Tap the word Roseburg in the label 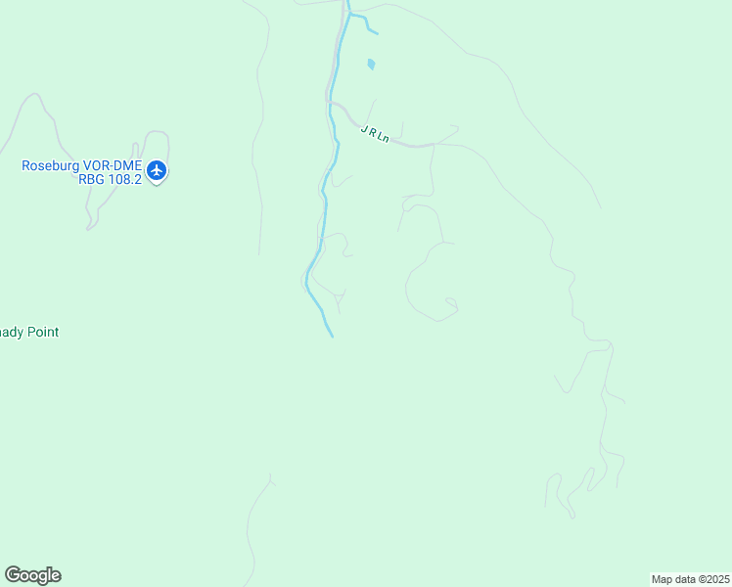pyautogui.click(x=48, y=165)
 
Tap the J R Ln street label pyautogui.click(x=375, y=134)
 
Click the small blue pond pyautogui.click(x=370, y=65)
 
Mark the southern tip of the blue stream pyautogui.click(x=332, y=337)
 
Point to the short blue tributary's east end pyautogui.click(x=377, y=34)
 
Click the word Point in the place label pyautogui.click(x=41, y=333)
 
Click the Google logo pyautogui.click(x=32, y=575)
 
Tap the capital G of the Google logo pyautogui.click(x=13, y=575)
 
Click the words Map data pyautogui.click(x=672, y=579)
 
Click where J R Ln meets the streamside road pyautogui.click(x=332, y=102)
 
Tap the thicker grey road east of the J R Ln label pyautogui.click(x=416, y=145)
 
